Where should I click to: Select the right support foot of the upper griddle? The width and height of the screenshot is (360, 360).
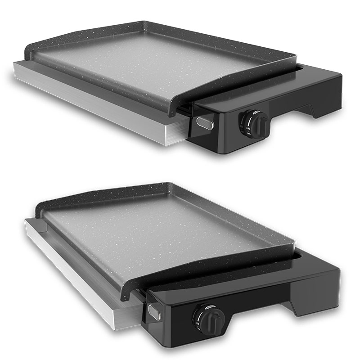(x=320, y=111)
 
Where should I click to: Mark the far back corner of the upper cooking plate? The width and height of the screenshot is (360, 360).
(x=144, y=22)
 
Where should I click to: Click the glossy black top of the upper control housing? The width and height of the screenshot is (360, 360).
(x=270, y=97)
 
